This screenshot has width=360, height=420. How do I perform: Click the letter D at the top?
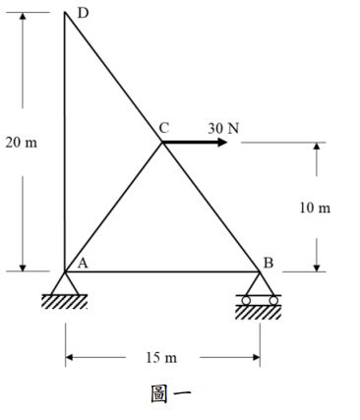coord(83,13)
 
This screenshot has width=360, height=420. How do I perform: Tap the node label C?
coord(163,128)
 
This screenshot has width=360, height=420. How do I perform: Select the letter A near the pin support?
coord(83,262)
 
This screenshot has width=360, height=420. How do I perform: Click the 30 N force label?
coord(223,128)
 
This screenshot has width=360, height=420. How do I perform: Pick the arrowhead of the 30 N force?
coord(221,143)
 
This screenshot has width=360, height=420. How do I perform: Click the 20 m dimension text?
coord(22,143)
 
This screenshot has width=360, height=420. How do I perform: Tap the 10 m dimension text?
coord(317,209)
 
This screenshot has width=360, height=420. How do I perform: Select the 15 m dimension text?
coord(162,356)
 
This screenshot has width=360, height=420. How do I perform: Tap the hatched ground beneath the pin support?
coord(64,302)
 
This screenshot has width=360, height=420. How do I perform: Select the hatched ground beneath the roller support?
coord(258,312)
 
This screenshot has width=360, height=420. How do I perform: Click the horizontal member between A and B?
coord(162,270)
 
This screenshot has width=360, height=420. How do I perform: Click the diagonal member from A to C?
coord(113,208)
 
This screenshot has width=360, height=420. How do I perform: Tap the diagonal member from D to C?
coord(113,78)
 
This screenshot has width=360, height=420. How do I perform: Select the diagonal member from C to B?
coord(210,207)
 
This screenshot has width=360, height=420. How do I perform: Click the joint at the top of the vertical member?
coord(65,14)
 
